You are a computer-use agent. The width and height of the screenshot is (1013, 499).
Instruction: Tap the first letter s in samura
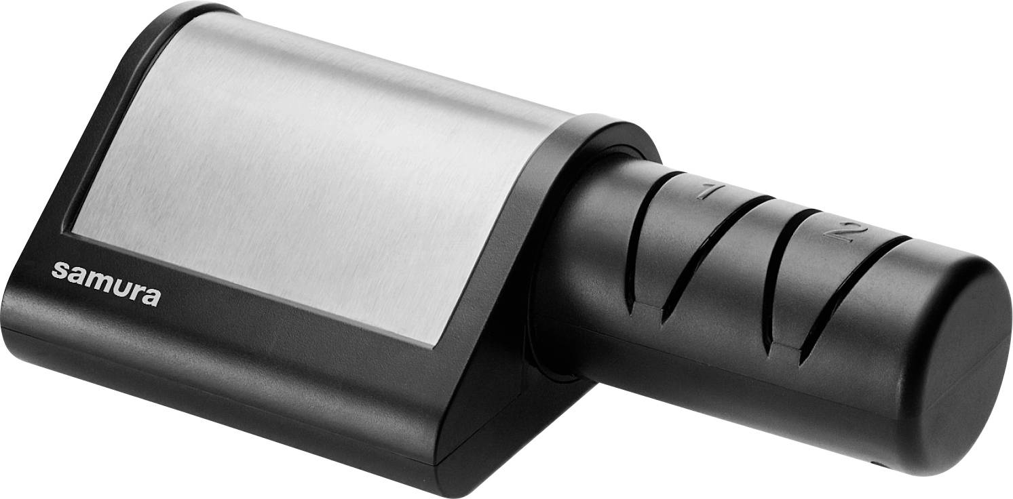pyautogui.click(x=60, y=271)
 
